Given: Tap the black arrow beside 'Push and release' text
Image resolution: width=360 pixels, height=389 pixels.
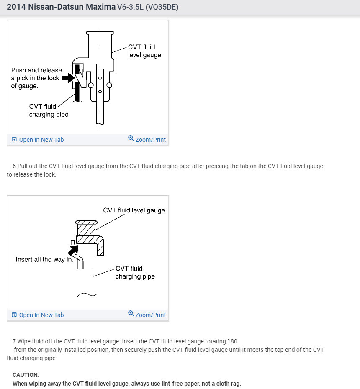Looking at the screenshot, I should (x=68, y=78).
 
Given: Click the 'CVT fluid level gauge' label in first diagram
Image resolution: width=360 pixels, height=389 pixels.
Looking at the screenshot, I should (x=144, y=51).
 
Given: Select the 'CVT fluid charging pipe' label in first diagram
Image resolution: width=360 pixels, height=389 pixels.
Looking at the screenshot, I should (x=49, y=110).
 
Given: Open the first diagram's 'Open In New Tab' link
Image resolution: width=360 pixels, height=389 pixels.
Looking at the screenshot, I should (x=41, y=140).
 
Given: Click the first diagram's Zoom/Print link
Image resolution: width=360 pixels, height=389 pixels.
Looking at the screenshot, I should (x=150, y=140).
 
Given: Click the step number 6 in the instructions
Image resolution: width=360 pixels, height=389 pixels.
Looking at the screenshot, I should (x=15, y=166).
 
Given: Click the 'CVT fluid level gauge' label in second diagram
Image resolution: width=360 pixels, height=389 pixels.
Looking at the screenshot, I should (x=134, y=210).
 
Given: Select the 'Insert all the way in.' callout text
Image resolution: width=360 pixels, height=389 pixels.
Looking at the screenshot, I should (x=44, y=260).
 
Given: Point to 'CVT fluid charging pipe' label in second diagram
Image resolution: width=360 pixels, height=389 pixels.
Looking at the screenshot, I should (x=135, y=272).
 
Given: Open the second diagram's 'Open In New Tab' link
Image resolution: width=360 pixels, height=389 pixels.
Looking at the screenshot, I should (x=41, y=315).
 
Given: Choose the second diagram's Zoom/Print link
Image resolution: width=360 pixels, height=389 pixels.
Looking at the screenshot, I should (x=150, y=315).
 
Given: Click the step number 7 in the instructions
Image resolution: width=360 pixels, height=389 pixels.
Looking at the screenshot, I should (x=15, y=341).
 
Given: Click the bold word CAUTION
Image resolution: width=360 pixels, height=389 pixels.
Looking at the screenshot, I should (x=26, y=375).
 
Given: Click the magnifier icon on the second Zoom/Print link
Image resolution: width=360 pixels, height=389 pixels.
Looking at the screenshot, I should (x=131, y=314).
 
